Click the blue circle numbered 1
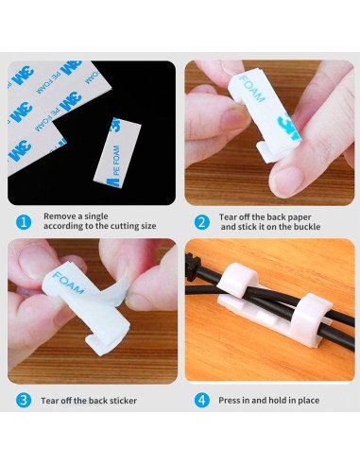[x=24, y=222]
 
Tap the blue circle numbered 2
[x=201, y=222]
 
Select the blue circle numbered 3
[x=24, y=400]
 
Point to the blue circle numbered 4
[x=201, y=400]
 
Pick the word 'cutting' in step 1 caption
[x=122, y=226]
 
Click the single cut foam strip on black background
[x=117, y=153]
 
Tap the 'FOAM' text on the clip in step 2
[x=252, y=89]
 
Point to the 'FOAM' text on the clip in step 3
[x=68, y=283]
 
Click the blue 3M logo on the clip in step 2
[x=288, y=127]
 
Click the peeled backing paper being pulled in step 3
[x=114, y=291]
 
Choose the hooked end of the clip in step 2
[x=266, y=152]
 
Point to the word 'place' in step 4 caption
[x=308, y=401]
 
